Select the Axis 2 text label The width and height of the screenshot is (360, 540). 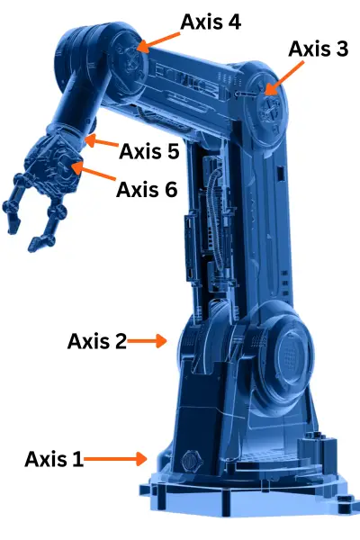(x=96, y=342)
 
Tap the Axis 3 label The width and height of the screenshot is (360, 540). (x=318, y=49)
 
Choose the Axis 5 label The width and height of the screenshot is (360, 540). (x=149, y=151)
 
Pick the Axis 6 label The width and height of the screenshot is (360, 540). (x=146, y=189)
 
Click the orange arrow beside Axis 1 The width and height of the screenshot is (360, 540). (x=116, y=459)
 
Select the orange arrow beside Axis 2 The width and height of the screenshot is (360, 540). (x=148, y=341)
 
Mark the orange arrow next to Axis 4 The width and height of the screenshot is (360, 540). (x=157, y=37)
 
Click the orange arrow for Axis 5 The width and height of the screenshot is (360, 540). (x=101, y=141)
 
